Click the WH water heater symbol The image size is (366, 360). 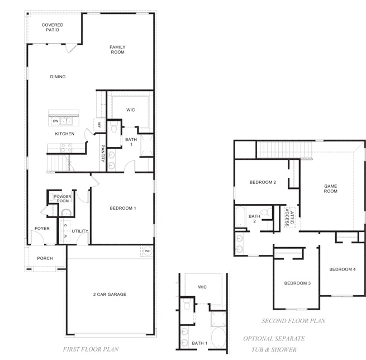(148, 251)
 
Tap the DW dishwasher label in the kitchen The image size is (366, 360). (55, 121)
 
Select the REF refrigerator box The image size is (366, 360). (99, 125)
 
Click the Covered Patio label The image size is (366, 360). (53, 27)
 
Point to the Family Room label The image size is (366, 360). (118, 50)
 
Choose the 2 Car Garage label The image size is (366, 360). (110, 295)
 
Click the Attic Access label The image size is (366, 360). (289, 217)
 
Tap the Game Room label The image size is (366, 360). (331, 188)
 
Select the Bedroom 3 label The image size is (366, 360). (297, 283)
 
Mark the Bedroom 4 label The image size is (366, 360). (343, 269)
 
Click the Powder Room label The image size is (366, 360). (63, 198)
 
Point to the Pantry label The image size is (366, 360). (103, 153)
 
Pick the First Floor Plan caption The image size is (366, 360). (91, 349)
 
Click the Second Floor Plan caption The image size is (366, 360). (294, 321)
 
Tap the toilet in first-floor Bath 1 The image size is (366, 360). (114, 127)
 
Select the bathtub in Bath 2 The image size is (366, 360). (240, 216)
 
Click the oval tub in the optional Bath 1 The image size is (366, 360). (218, 338)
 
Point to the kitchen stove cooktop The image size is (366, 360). (66, 148)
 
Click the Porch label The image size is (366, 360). (45, 258)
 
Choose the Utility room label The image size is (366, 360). (80, 231)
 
